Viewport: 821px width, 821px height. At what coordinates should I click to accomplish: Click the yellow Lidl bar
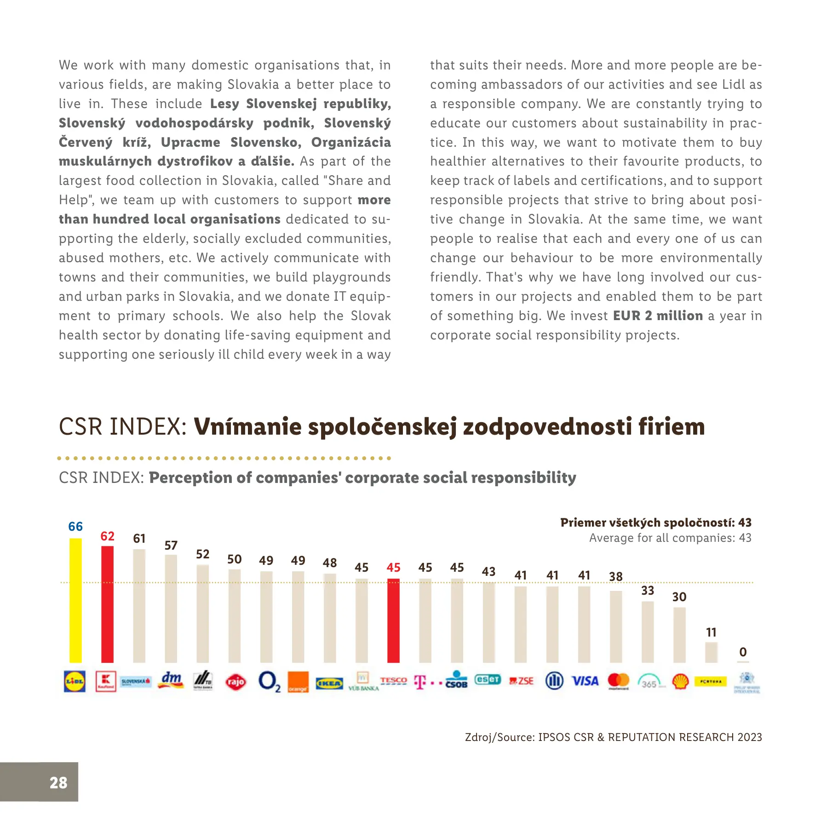[75, 600]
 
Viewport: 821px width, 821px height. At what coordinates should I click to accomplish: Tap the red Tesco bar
[393, 620]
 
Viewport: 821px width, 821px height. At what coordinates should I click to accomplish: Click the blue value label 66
[75, 527]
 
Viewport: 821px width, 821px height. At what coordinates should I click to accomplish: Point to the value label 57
[171, 545]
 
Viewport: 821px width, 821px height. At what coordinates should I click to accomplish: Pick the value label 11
[711, 632]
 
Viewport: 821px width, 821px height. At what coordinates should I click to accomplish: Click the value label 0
[743, 652]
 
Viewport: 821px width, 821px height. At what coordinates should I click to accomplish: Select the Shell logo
[680, 681]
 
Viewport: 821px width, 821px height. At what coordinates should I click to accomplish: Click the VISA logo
[585, 681]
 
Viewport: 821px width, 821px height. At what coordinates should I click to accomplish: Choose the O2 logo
[269, 682]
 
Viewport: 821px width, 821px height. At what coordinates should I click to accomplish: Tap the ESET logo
[488, 679]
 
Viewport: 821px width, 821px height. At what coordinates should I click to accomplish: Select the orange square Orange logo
[298, 682]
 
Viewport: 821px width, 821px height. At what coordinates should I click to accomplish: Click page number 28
[58, 782]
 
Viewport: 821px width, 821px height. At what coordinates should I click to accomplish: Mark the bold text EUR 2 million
[658, 316]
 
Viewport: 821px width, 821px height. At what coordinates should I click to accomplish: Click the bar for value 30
[679, 635]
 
